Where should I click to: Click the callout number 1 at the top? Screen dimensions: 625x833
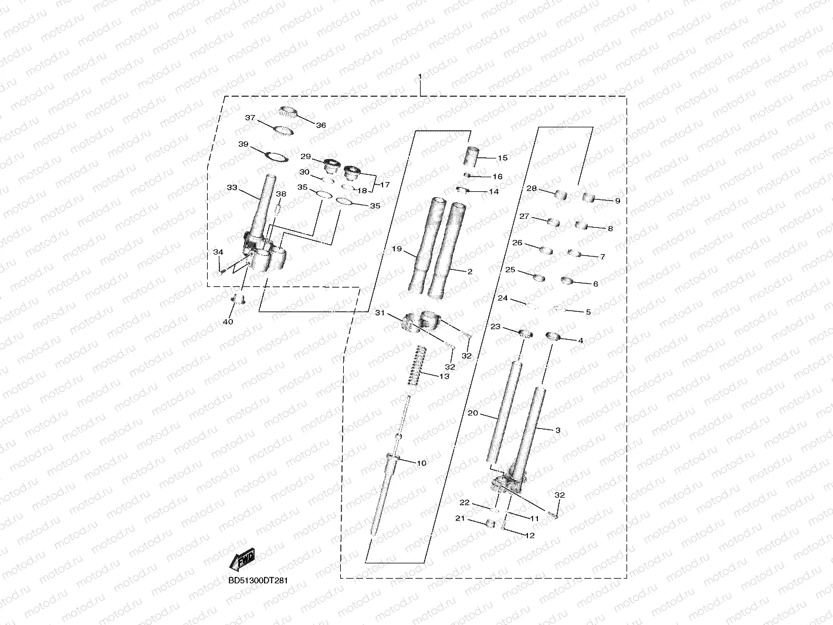[420, 77]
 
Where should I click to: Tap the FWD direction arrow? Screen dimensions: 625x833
[243, 560]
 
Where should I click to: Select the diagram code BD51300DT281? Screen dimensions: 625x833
[258, 581]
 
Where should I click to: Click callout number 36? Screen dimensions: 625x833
[321, 126]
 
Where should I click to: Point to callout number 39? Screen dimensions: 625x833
[243, 144]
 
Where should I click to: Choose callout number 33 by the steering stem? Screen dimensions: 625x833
[232, 188]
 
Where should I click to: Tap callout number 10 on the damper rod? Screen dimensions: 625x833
[421, 463]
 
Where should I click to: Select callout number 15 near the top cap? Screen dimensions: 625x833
[503, 158]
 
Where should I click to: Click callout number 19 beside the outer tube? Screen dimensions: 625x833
[397, 249]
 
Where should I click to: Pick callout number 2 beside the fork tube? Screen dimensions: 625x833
[469, 272]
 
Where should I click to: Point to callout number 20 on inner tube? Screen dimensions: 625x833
[473, 413]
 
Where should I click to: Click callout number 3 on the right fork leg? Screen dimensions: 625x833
[557, 430]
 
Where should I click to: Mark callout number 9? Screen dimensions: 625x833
[617, 201]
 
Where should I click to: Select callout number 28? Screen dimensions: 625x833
[531, 188]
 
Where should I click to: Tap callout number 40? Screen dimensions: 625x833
[228, 322]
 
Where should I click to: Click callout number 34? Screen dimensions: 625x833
[218, 252]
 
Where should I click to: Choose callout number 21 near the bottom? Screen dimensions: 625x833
[460, 518]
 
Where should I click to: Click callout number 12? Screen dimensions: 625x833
[530, 535]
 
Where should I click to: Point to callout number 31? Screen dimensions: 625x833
[380, 313]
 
